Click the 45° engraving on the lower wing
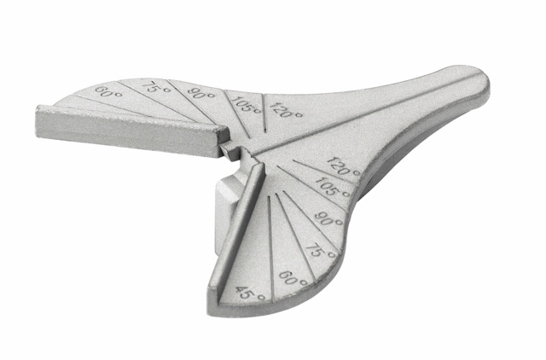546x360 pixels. click(x=250, y=294)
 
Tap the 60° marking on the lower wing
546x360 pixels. click(x=293, y=278)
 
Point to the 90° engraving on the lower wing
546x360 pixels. click(x=328, y=218)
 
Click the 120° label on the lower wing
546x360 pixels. click(x=344, y=166)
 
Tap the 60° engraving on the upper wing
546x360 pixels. click(x=108, y=92)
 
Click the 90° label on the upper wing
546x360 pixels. click(x=202, y=92)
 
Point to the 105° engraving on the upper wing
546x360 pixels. click(x=246, y=104)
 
